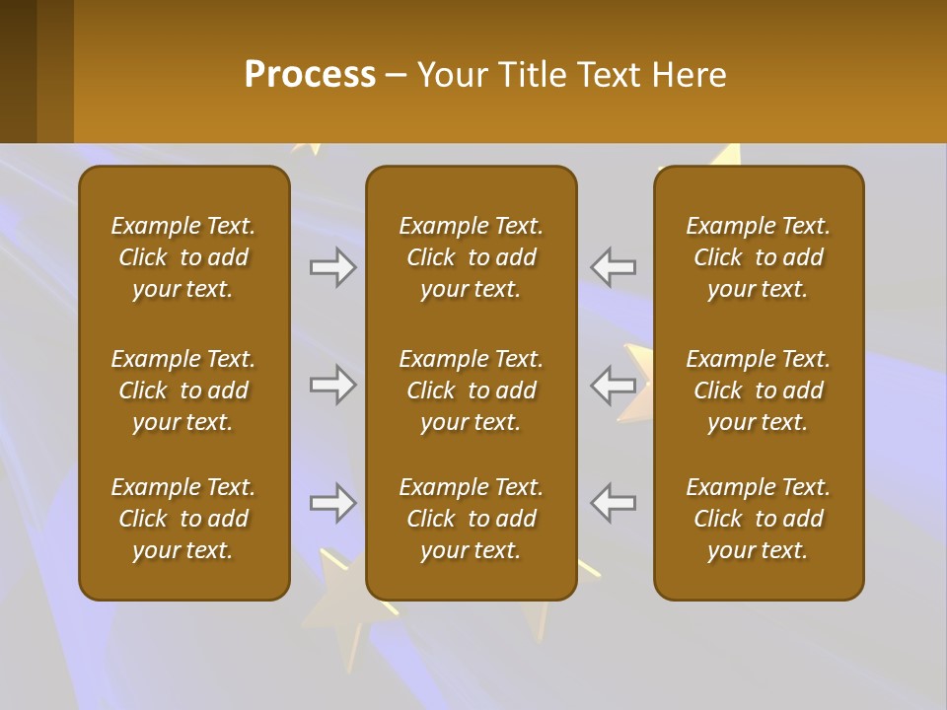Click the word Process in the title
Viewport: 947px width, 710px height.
click(x=310, y=75)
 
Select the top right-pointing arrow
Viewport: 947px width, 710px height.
click(x=332, y=267)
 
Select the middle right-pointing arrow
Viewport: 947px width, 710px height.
click(x=332, y=385)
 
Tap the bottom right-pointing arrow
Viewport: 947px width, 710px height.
click(x=332, y=503)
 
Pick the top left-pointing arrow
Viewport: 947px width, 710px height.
click(x=614, y=267)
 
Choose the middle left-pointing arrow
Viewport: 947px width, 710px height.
click(x=614, y=385)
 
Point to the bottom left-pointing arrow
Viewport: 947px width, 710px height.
click(x=614, y=503)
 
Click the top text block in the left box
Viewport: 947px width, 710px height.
click(x=183, y=257)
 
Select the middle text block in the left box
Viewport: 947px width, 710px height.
click(x=183, y=390)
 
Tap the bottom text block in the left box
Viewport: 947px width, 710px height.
click(x=183, y=519)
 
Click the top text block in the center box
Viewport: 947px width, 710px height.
click(x=471, y=257)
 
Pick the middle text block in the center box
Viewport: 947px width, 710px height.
click(x=471, y=390)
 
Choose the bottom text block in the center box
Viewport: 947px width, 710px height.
click(x=471, y=519)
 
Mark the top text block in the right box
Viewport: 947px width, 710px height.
click(x=759, y=257)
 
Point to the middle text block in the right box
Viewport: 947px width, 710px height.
click(x=759, y=390)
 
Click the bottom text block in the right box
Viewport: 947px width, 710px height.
click(x=759, y=519)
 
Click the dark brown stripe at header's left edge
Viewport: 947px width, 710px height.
click(x=18, y=71)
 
